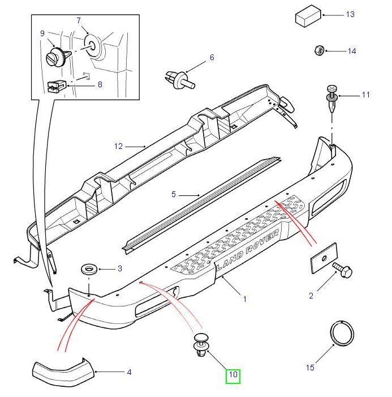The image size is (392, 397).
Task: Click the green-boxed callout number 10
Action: [233, 375]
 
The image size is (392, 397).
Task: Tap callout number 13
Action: [350, 14]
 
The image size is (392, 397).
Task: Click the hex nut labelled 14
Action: [318, 50]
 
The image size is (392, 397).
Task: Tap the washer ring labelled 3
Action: [89, 268]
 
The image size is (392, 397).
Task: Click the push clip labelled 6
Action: [180, 79]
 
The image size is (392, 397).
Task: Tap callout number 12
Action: [118, 146]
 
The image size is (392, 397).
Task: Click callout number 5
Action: [174, 195]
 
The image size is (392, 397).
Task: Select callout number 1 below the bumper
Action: [244, 298]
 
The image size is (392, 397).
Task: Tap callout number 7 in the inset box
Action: [79, 21]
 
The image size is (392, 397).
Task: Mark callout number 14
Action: [351, 51]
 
